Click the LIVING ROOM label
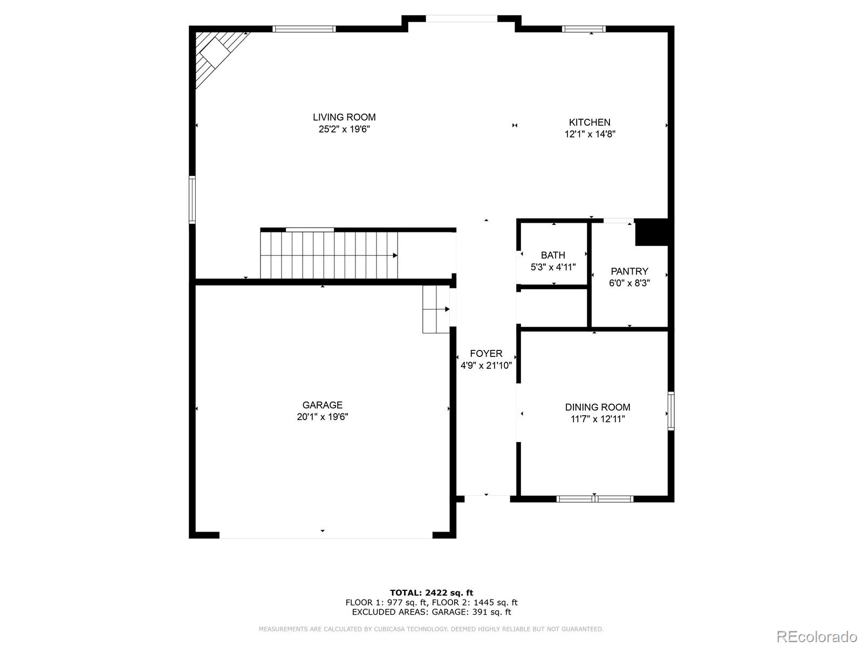tap(344, 117)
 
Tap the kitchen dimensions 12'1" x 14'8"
tap(590, 134)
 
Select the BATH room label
tap(553, 255)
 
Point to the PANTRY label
tap(629, 271)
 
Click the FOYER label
tap(486, 354)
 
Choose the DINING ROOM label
tap(598, 407)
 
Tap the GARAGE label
tap(322, 405)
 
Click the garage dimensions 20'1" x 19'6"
tap(322, 417)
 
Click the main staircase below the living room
tap(329, 255)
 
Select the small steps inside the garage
tap(436, 309)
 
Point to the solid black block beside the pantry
tap(652, 232)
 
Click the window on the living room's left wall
tap(192, 199)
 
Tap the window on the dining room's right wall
tap(671, 411)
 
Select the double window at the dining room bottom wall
tap(594, 499)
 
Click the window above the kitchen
tap(584, 29)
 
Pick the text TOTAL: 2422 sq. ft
tap(432, 593)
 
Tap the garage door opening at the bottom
tap(325, 535)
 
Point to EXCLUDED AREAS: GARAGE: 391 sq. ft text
tap(432, 612)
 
